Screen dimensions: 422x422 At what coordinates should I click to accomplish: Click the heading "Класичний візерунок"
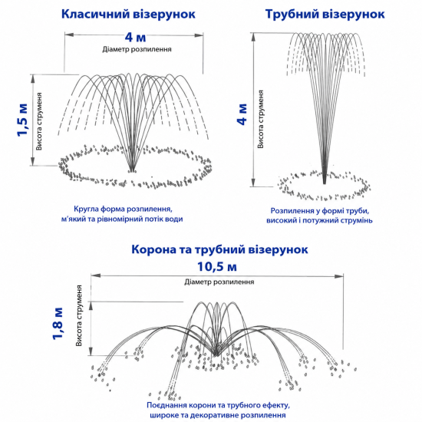tap(128, 14)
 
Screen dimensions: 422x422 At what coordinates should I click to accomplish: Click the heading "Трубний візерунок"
tap(325, 14)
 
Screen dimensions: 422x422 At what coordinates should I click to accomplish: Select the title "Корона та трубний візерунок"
tap(219, 249)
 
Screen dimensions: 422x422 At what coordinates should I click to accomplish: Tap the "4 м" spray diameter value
tap(135, 37)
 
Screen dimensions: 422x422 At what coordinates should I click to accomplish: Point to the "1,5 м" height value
tap(22, 120)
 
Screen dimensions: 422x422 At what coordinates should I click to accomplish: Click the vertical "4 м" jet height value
tap(242, 114)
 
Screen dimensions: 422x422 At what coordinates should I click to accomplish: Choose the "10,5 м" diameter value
tap(217, 267)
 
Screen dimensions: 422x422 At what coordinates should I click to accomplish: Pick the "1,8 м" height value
tap(58, 323)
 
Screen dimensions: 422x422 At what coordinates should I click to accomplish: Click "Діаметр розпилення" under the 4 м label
tap(137, 49)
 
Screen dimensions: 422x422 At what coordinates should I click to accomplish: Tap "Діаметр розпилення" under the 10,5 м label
tap(219, 282)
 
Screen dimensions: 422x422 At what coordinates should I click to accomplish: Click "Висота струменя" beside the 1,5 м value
tap(39, 121)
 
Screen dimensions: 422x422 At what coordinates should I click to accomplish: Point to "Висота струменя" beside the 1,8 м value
tap(79, 315)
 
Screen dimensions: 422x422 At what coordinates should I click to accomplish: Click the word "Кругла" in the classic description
tap(86, 209)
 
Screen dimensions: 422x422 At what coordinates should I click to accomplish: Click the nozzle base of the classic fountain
tap(132, 170)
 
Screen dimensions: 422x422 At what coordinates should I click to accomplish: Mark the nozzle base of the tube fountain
tap(325, 181)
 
